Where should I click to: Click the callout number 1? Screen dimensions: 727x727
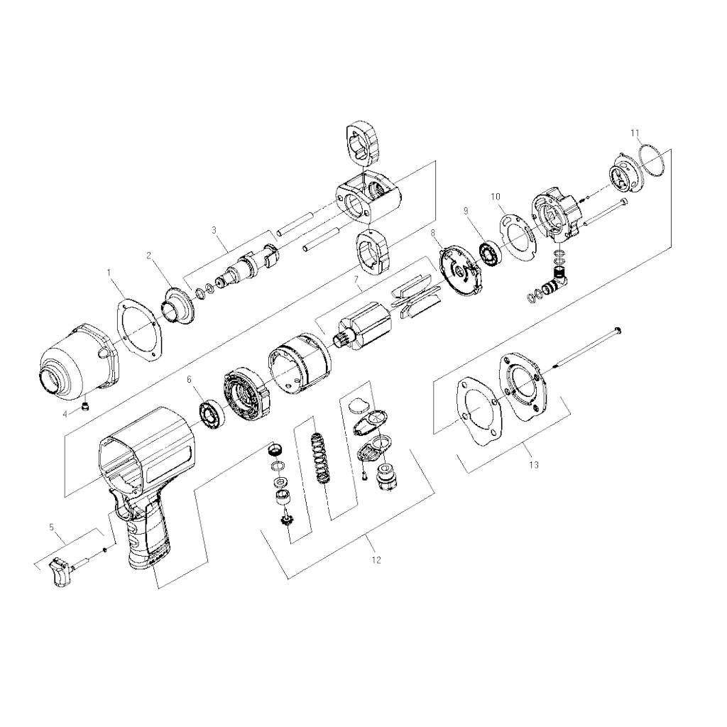109,273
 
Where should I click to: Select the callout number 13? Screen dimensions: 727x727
534,464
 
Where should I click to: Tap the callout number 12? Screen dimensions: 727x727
376,560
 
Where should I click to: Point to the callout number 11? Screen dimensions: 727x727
635,133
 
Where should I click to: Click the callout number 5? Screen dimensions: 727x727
52,527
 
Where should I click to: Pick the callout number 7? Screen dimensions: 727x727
356,280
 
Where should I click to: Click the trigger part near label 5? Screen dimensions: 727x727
60,573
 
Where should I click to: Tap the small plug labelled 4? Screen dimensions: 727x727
85,407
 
